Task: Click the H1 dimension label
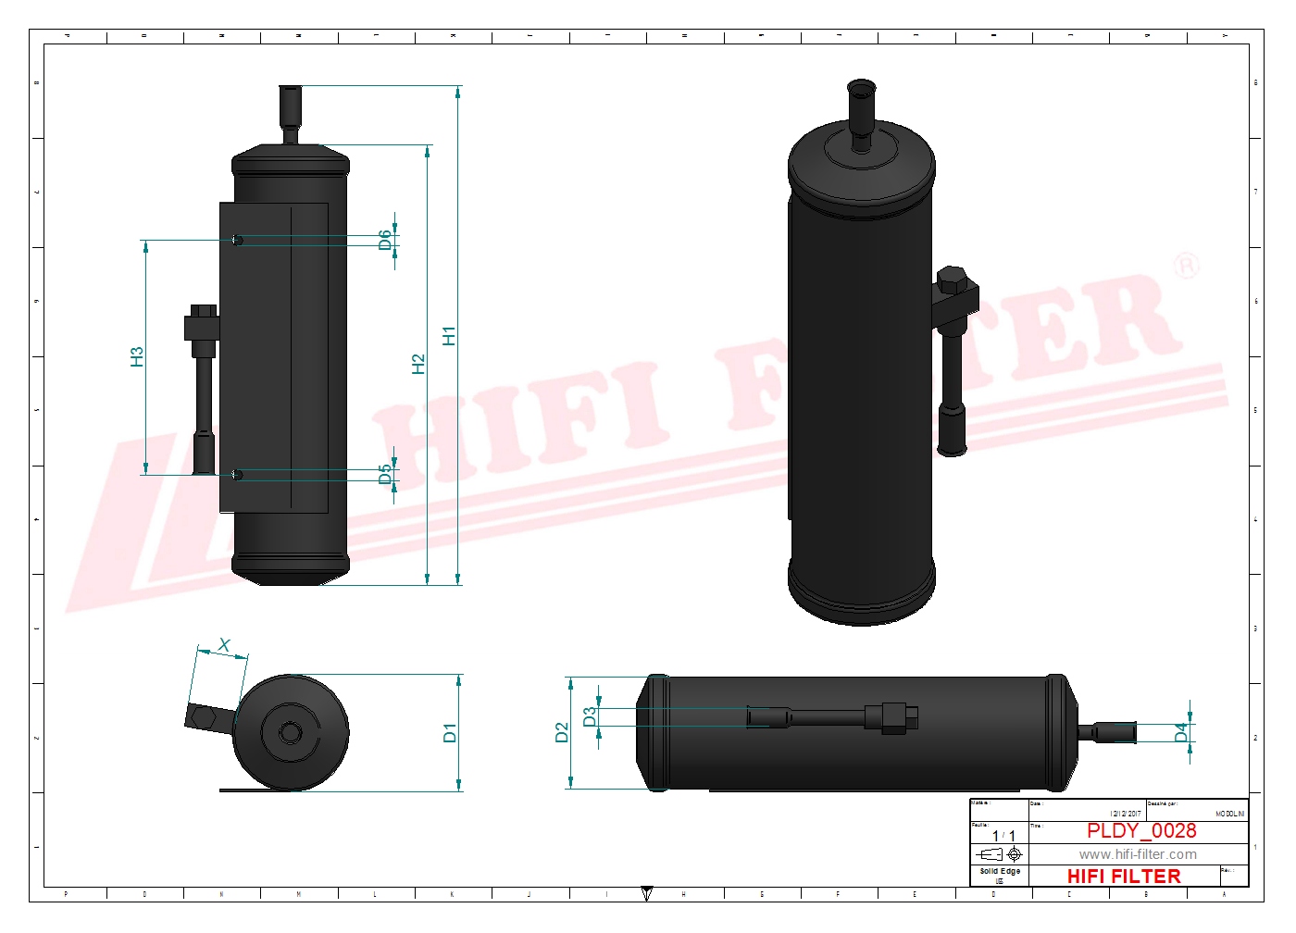pos(450,336)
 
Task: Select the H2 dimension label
pos(418,364)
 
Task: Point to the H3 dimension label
pos(137,356)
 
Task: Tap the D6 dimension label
pos(385,241)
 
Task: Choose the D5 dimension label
pos(385,475)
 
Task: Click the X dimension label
pos(224,645)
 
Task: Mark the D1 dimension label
pos(450,733)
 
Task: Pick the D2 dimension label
pos(561,733)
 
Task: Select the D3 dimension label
pos(590,716)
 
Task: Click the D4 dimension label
pos(1181,733)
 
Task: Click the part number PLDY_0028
pos(1141,830)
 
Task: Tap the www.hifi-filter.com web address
pos(1138,854)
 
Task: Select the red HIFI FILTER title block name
pos(1124,876)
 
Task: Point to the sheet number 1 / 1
pos(1003,835)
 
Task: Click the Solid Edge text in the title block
pos(1000,871)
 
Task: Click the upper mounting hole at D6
pos(238,241)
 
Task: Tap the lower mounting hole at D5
pos(238,475)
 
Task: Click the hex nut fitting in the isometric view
pos(953,280)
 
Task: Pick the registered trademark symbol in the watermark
pos(1186,267)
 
